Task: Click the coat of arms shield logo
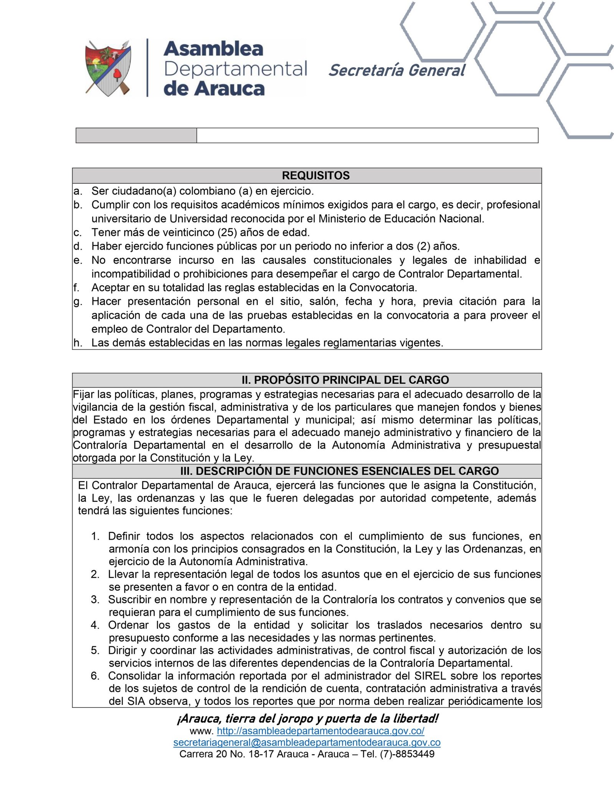coord(108,68)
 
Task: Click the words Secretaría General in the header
coord(397,70)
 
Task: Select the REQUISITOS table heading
coord(315,175)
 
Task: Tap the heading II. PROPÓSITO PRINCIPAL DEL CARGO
coord(345,380)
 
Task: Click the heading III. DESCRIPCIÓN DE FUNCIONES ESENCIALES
coord(339,471)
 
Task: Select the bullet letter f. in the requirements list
coord(76,288)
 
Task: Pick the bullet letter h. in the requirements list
coord(78,343)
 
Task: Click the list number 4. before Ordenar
coord(95,625)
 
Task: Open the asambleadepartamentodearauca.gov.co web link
coord(320,731)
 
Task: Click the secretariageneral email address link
coord(307,742)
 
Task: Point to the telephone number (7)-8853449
coord(407,754)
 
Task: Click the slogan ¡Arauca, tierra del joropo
coord(307,719)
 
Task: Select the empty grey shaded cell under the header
coord(136,136)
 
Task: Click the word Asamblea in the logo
coord(213,49)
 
